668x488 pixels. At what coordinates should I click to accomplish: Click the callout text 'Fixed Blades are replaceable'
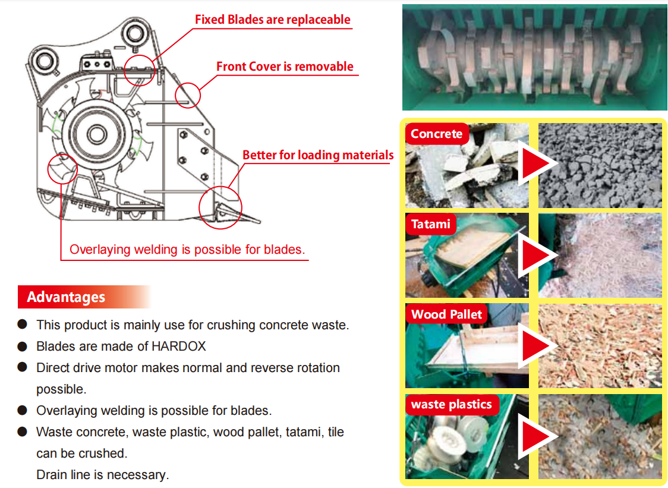click(273, 20)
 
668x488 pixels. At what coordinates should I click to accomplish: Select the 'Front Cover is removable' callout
click(285, 67)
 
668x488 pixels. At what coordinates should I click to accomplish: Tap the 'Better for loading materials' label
click(318, 155)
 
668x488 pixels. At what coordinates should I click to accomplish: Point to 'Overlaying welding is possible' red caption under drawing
click(187, 250)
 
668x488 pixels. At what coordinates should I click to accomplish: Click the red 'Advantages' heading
click(66, 297)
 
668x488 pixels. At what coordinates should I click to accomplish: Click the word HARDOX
click(179, 346)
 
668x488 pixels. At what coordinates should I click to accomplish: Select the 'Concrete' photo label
click(436, 134)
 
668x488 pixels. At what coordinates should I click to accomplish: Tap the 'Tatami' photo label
click(431, 225)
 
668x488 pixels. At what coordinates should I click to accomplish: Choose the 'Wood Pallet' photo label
click(446, 314)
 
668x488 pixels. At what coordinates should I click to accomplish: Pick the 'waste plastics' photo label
click(452, 405)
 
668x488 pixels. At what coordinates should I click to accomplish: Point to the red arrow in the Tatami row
click(537, 254)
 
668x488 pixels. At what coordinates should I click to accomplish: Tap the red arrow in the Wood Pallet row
click(537, 346)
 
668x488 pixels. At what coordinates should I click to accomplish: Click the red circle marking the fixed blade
click(140, 69)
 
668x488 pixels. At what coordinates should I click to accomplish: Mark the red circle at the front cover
click(188, 94)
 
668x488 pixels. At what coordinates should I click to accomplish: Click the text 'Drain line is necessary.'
click(103, 475)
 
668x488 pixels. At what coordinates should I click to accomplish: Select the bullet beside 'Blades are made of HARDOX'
click(23, 346)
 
